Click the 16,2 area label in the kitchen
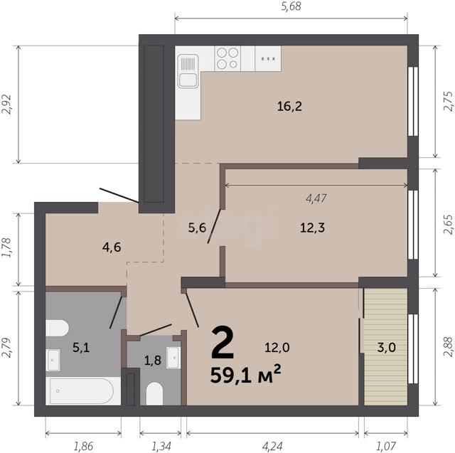click(289, 107)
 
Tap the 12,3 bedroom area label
click(313, 228)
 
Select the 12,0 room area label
click(277, 347)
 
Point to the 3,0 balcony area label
click(386, 347)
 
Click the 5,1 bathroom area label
click(81, 347)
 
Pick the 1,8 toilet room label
click(153, 360)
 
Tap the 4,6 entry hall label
click(112, 247)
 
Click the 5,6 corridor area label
click(197, 228)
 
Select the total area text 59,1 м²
click(245, 375)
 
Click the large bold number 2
click(223, 342)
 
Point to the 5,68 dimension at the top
click(291, 6)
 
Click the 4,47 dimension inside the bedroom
click(316, 198)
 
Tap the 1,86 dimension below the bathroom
click(83, 447)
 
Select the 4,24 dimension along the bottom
click(272, 447)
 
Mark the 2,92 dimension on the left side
click(6, 105)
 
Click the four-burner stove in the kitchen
click(227, 58)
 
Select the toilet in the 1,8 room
click(154, 393)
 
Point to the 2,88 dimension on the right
click(449, 347)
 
